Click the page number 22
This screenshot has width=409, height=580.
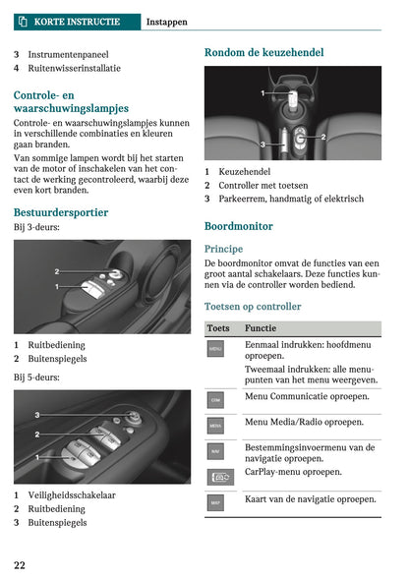(x=20, y=564)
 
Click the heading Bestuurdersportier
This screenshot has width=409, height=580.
(x=61, y=212)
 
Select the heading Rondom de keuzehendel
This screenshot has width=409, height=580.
(x=263, y=52)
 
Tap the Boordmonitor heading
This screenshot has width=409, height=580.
(x=239, y=226)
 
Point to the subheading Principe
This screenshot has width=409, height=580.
(x=223, y=249)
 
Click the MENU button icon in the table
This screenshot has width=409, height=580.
(x=215, y=349)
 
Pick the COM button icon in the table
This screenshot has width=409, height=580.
(x=215, y=400)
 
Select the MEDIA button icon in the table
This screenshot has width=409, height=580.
(x=215, y=426)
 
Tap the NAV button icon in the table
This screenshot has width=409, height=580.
(x=215, y=451)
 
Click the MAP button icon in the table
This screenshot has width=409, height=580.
(x=215, y=502)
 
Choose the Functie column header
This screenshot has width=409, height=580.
(x=261, y=327)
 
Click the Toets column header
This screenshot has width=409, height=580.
(x=218, y=327)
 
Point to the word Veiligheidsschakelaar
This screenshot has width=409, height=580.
(x=71, y=494)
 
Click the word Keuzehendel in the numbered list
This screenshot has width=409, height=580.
(x=245, y=171)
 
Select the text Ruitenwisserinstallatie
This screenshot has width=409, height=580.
(x=75, y=69)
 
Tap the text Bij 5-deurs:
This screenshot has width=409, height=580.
(x=36, y=377)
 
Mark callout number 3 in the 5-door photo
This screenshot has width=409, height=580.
(x=37, y=416)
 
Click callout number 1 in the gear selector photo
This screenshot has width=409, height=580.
(x=263, y=93)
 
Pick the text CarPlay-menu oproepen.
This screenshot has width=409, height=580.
(x=293, y=472)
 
